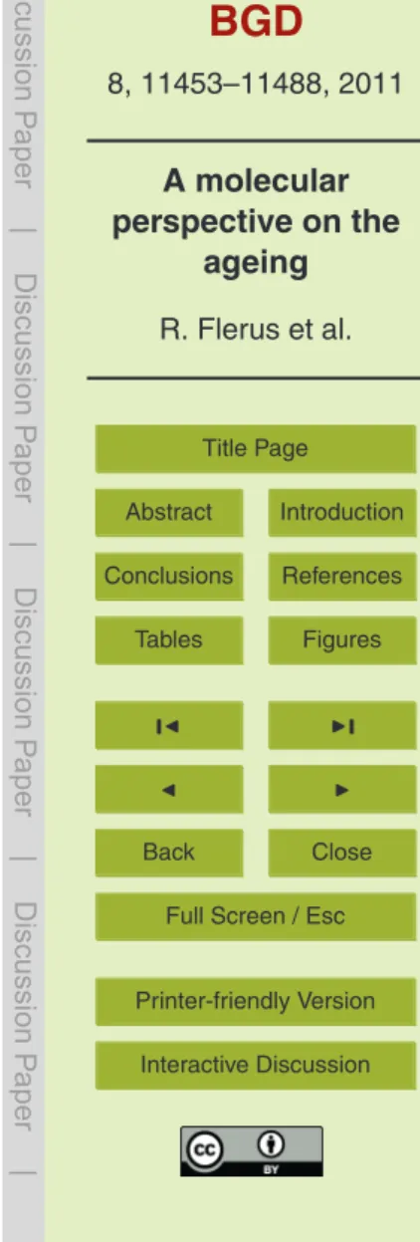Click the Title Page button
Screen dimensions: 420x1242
(256, 448)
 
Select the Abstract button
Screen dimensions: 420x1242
(169, 512)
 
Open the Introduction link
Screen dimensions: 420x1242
(342, 512)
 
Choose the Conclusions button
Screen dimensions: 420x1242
(169, 576)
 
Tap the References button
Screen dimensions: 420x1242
(342, 576)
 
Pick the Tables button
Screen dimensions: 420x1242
(169, 639)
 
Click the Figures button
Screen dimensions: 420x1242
(342, 639)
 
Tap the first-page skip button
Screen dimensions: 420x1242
(169, 725)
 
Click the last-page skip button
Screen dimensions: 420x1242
(342, 725)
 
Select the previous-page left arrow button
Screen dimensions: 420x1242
(169, 789)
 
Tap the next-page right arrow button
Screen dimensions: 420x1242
(342, 789)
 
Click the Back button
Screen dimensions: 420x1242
(169, 853)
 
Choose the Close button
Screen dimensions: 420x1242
(342, 853)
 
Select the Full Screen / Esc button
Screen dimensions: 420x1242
(256, 916)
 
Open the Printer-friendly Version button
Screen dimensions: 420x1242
(256, 1001)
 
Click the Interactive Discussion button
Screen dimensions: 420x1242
(256, 1065)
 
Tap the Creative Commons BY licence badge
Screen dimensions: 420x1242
(252, 1151)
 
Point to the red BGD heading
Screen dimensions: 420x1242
(256, 21)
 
